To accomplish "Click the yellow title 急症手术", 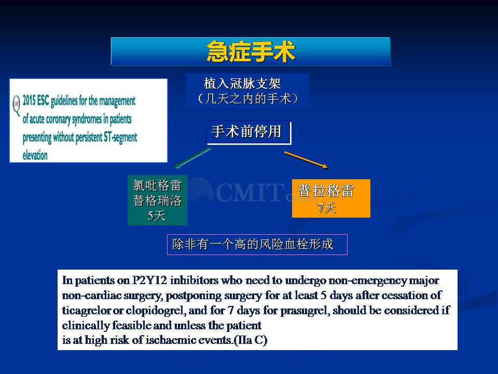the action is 251,51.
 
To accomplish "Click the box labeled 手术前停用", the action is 248,132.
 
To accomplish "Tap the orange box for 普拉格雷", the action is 331,198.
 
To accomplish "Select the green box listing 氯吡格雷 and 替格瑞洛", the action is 157,201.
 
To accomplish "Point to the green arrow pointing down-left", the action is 192,158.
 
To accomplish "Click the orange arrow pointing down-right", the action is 306,160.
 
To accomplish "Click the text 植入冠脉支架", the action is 242,84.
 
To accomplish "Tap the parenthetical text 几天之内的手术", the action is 248,99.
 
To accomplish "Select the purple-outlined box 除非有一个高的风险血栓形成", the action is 257,245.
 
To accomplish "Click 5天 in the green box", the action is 157,216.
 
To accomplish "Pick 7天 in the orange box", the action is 327,208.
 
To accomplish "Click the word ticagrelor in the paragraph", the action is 84,310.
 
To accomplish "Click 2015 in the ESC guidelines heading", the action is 29,101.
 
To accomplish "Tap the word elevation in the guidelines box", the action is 35,155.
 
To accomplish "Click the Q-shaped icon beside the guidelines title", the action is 17,105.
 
